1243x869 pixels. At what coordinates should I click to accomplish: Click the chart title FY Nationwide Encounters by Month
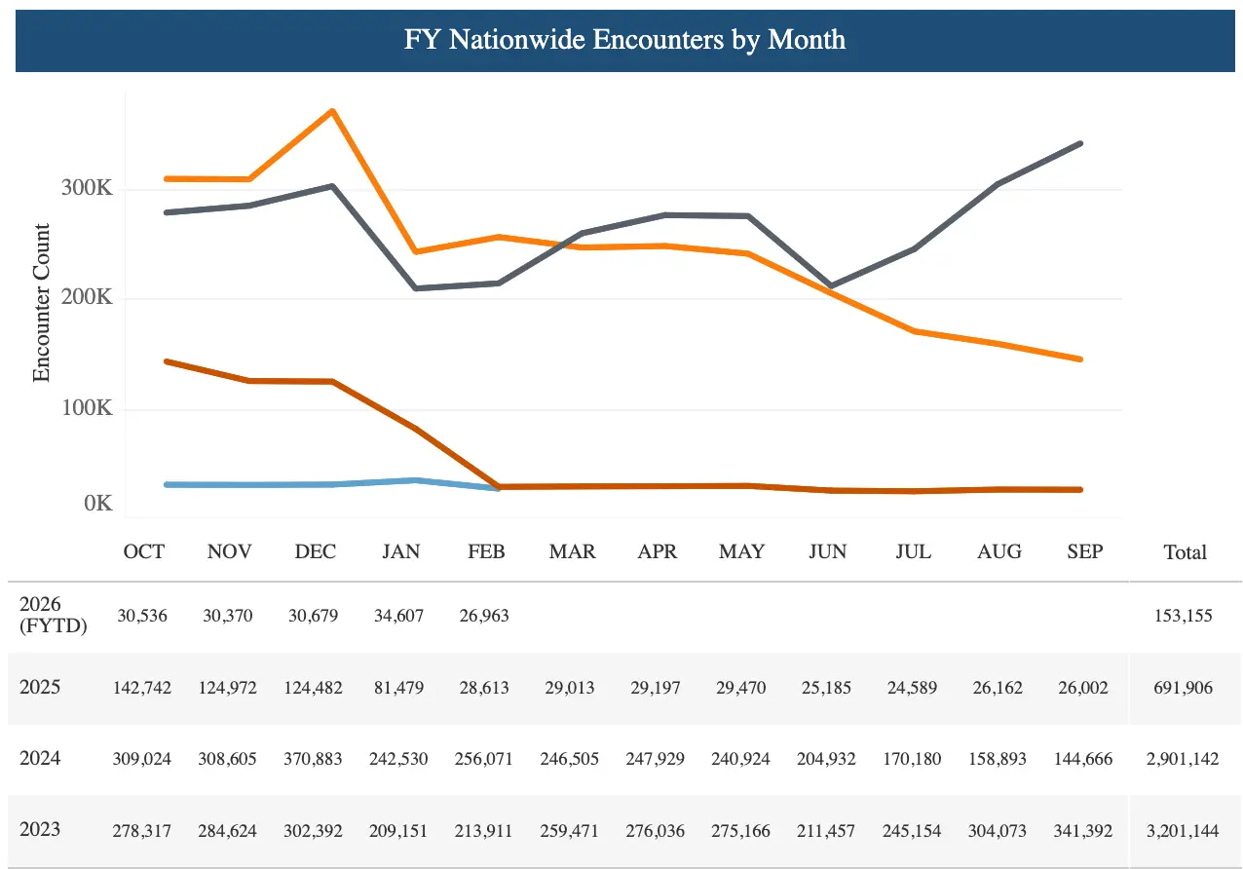coord(624,40)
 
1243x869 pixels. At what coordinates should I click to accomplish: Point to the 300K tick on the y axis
coord(88,188)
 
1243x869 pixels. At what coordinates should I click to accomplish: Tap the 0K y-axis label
coord(98,505)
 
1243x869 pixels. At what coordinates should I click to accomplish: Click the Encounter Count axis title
coord(41,302)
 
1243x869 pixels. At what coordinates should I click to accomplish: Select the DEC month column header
coord(315,551)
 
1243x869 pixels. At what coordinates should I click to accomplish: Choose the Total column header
coord(1185,552)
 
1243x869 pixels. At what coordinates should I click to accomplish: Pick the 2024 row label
coord(40,758)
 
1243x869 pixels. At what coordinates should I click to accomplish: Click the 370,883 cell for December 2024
coord(315,759)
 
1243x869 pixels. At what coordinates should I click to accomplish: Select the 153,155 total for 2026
coord(1185,616)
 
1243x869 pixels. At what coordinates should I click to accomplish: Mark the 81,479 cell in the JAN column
coord(400,688)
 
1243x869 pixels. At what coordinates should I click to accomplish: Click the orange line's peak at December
coord(333,111)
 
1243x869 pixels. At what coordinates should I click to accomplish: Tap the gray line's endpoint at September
coord(1080,143)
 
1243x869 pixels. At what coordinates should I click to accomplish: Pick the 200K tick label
coord(88,298)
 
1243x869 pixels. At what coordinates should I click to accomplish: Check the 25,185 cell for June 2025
coord(828,688)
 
